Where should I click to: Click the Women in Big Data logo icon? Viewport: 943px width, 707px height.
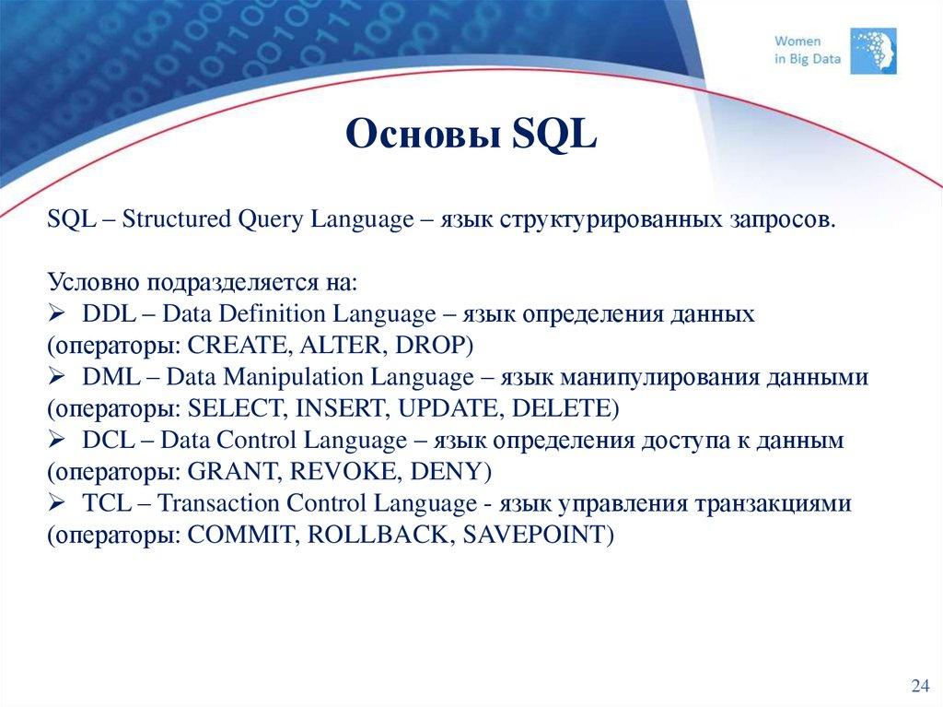(x=876, y=50)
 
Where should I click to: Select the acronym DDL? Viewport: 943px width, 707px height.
(x=107, y=314)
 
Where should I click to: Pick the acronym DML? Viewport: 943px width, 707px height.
(x=109, y=378)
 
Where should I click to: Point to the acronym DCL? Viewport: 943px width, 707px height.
(x=107, y=441)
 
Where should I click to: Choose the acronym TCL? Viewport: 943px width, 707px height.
(x=106, y=504)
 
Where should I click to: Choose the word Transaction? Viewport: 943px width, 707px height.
(x=219, y=504)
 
